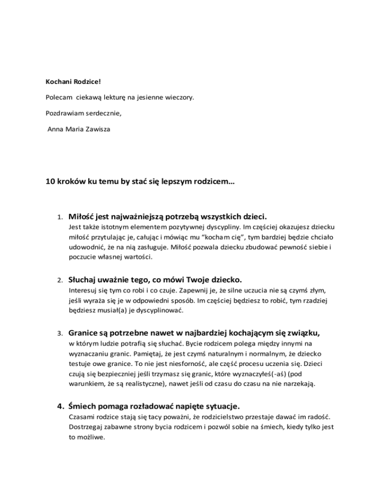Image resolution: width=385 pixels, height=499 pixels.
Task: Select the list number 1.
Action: click(59, 218)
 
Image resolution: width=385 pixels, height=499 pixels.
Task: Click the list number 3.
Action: click(59, 333)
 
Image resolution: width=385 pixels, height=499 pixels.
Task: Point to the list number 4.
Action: click(59, 406)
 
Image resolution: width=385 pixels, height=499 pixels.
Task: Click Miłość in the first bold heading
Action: click(82, 217)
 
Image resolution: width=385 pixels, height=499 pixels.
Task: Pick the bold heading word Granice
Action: click(85, 332)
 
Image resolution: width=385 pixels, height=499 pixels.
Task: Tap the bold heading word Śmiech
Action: click(84, 405)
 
